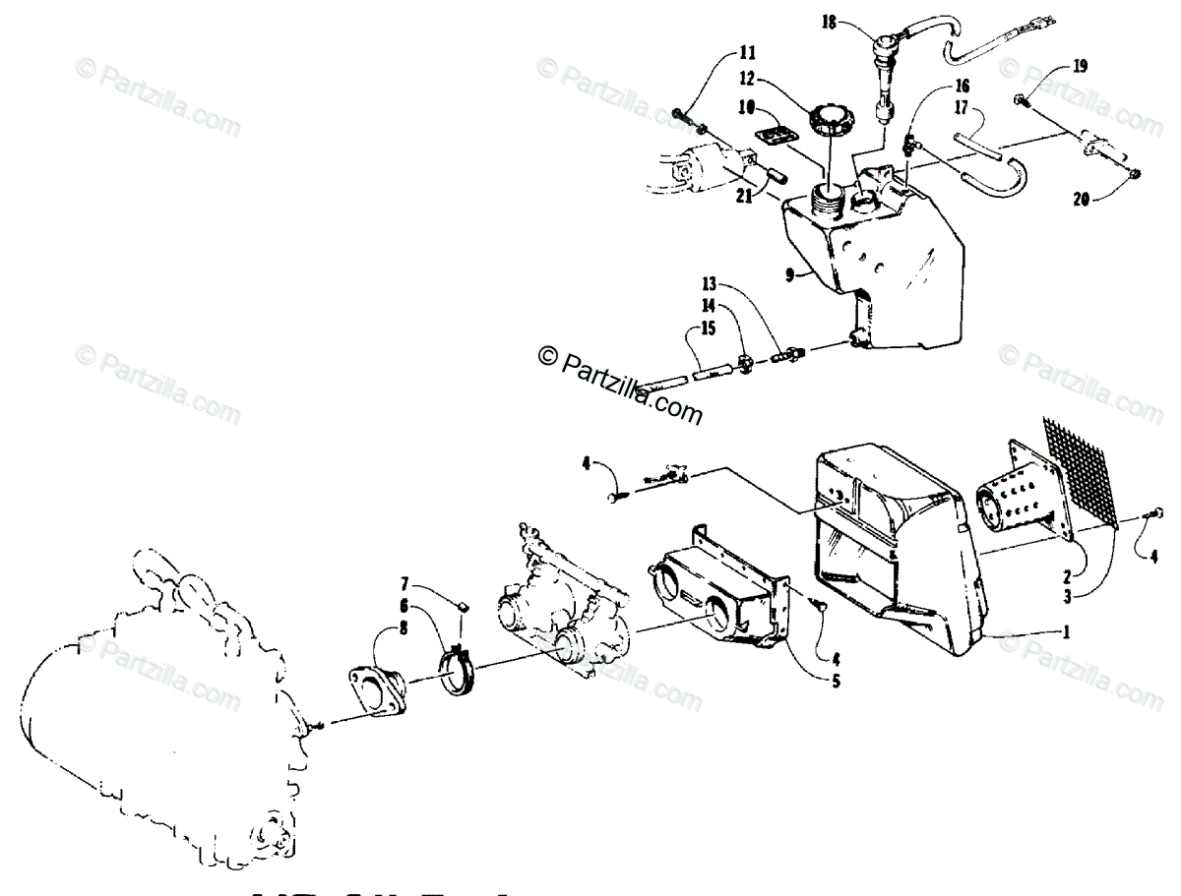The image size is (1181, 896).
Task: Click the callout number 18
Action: tap(831, 24)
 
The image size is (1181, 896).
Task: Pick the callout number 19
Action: tap(1080, 67)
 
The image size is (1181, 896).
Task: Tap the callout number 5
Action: tap(836, 679)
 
